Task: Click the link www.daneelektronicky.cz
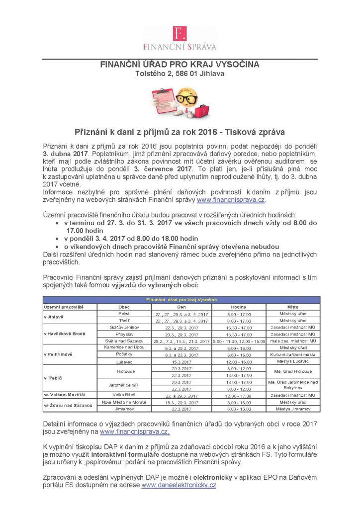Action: coord(179,485)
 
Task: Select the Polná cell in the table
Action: coord(124,314)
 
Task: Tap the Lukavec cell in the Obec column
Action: coord(124,362)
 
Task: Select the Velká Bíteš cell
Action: coord(124,395)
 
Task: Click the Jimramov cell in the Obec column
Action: coord(124,409)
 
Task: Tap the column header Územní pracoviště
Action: coord(64,307)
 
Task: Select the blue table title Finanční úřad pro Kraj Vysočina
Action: coord(181,300)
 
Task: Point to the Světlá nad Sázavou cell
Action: coord(124,341)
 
